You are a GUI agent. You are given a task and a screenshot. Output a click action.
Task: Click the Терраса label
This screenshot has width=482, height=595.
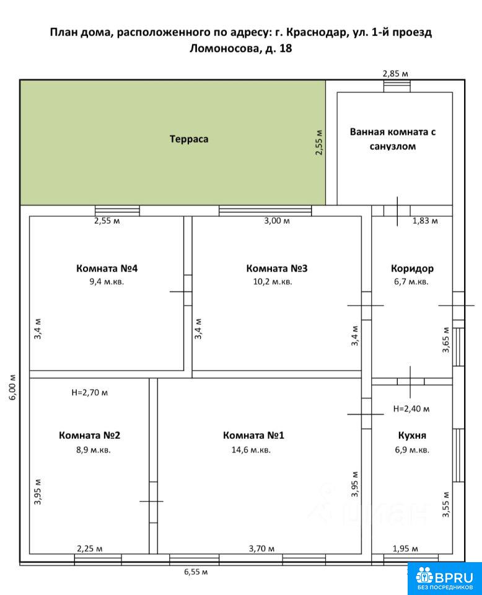click(189, 139)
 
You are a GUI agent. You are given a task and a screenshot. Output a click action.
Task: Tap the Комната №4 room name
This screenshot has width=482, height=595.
click(107, 268)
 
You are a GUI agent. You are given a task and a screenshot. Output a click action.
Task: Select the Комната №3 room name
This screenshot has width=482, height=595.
click(277, 268)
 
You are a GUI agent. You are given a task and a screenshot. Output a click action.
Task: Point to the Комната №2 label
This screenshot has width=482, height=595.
click(89, 435)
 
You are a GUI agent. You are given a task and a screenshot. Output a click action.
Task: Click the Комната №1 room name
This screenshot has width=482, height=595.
click(253, 435)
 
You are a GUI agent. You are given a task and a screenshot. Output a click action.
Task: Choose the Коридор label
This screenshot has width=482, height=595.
click(412, 268)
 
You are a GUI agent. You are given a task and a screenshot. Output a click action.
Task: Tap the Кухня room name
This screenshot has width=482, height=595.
click(412, 436)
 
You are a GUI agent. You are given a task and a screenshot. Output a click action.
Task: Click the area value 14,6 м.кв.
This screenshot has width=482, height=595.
click(251, 450)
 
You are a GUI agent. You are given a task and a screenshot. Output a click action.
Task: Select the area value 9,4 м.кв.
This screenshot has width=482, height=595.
click(107, 281)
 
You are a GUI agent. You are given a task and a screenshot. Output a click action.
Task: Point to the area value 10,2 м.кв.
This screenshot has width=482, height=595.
click(273, 281)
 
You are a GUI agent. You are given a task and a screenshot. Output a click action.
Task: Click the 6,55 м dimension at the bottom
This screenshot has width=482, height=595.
click(196, 571)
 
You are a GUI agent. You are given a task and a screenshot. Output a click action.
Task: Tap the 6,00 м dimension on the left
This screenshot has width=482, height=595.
click(12, 387)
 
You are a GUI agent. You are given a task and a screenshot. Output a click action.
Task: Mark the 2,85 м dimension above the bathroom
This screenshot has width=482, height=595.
click(395, 74)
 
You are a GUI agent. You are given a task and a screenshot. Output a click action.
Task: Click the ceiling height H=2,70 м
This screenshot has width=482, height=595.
click(89, 392)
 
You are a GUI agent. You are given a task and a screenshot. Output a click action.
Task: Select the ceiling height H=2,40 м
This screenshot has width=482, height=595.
click(411, 408)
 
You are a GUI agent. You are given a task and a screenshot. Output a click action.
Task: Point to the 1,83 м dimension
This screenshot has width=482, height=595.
click(425, 221)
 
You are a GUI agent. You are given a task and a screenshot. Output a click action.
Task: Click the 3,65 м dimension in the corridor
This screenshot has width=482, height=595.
click(446, 340)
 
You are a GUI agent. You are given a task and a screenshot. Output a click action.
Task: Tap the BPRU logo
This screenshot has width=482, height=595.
click(444, 579)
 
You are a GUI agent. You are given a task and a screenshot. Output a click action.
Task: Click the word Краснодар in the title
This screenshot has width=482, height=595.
click(317, 32)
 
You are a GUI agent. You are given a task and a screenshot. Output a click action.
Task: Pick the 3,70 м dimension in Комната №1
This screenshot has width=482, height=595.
click(261, 549)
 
